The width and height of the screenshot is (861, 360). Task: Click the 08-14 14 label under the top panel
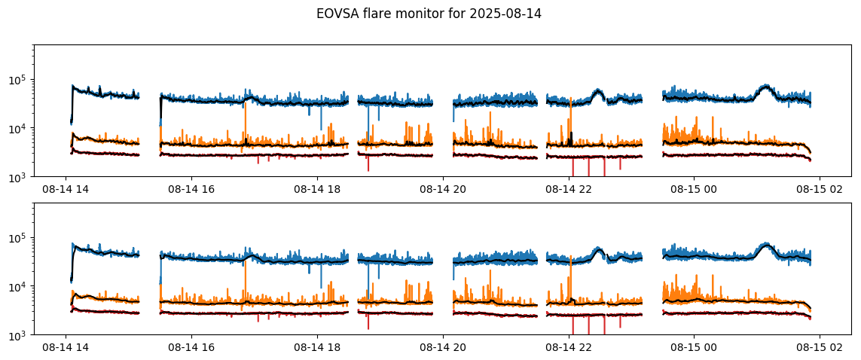point(66,190)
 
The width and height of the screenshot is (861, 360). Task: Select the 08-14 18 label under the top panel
point(317,190)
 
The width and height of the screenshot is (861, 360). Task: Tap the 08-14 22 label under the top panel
point(569,190)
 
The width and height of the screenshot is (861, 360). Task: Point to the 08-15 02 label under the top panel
point(820,190)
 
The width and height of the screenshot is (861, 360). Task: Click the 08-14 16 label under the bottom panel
point(191,348)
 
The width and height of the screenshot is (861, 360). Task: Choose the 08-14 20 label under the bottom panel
point(443,348)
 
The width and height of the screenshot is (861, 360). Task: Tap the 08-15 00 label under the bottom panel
point(695,348)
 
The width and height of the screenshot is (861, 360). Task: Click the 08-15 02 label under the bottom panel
point(820,348)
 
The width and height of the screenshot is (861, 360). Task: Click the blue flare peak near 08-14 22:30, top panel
point(599,90)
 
